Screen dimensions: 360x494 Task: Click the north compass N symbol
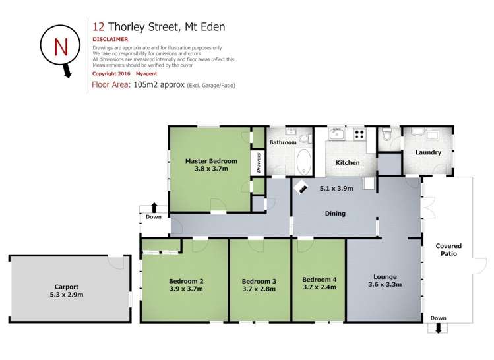pyautogui.click(x=60, y=47)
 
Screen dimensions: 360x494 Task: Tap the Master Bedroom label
pyautogui.click(x=206, y=161)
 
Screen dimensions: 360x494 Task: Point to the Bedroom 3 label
pyautogui.click(x=259, y=282)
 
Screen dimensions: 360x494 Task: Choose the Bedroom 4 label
pyautogui.click(x=319, y=280)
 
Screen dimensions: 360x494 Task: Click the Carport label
pyautogui.click(x=67, y=287)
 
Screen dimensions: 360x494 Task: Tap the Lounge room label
pyautogui.click(x=384, y=276)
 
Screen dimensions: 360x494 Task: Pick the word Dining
pyautogui.click(x=335, y=214)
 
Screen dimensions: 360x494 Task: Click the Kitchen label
pyautogui.click(x=348, y=162)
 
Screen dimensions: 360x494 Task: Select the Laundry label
pyautogui.click(x=428, y=153)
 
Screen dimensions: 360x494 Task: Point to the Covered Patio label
pyautogui.click(x=448, y=249)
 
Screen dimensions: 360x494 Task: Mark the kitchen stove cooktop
pyautogui.click(x=359, y=134)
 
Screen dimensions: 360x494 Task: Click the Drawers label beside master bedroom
pyautogui.click(x=259, y=164)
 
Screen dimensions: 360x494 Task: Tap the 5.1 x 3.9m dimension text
pyautogui.click(x=336, y=188)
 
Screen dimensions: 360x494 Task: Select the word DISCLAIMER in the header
pyautogui.click(x=110, y=39)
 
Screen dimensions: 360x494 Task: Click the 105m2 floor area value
pyautogui.click(x=158, y=85)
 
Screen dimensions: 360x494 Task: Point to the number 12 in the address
pyautogui.click(x=98, y=26)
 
